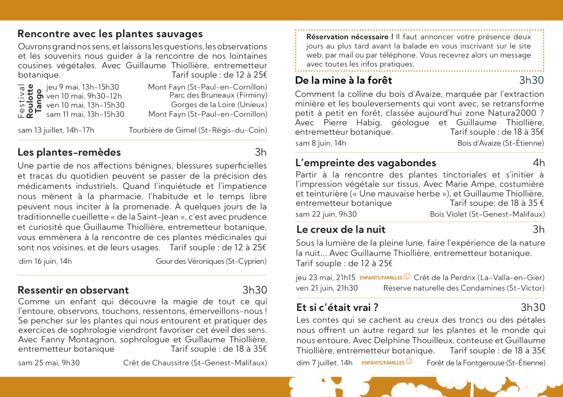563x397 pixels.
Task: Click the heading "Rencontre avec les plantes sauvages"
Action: tap(110, 34)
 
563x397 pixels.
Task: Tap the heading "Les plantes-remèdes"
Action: tap(69, 152)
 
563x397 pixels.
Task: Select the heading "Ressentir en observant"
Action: tap(73, 291)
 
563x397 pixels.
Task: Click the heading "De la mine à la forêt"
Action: tap(343, 81)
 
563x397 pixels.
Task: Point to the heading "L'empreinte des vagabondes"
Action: tap(366, 163)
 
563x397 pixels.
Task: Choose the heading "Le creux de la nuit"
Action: tap(341, 230)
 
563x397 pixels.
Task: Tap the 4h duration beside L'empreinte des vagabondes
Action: tap(538, 163)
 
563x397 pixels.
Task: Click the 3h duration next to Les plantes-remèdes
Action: tap(261, 152)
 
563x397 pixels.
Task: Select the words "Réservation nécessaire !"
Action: tap(350, 37)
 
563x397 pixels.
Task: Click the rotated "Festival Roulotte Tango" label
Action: tap(30, 101)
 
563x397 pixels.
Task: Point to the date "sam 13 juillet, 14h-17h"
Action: tap(56, 130)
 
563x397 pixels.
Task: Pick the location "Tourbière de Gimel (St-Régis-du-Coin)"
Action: tap(198, 130)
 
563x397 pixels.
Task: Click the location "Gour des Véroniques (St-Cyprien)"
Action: tap(211, 262)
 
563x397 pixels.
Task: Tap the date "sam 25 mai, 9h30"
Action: tap(49, 363)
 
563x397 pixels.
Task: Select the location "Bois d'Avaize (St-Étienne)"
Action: tap(500, 143)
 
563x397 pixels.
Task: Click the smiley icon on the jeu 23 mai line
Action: tap(407, 276)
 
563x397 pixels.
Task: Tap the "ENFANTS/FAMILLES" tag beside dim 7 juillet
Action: tap(383, 363)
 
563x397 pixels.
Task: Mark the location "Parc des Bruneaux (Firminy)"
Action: tap(218, 95)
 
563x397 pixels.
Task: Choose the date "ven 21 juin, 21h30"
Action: tap(327, 288)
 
